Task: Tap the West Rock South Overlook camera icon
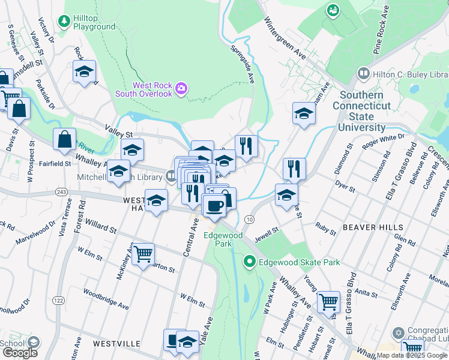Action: (182, 90)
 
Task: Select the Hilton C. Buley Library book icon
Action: (363, 73)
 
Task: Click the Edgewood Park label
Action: (223, 240)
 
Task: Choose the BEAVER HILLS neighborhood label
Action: (372, 228)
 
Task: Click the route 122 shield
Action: (58, 300)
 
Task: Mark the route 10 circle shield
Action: (250, 220)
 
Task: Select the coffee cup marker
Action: (214, 206)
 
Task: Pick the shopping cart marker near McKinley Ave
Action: (143, 254)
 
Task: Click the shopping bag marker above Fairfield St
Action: (64, 139)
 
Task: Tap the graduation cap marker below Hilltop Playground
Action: (85, 71)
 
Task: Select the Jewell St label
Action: (267, 230)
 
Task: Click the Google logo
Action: (20, 353)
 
